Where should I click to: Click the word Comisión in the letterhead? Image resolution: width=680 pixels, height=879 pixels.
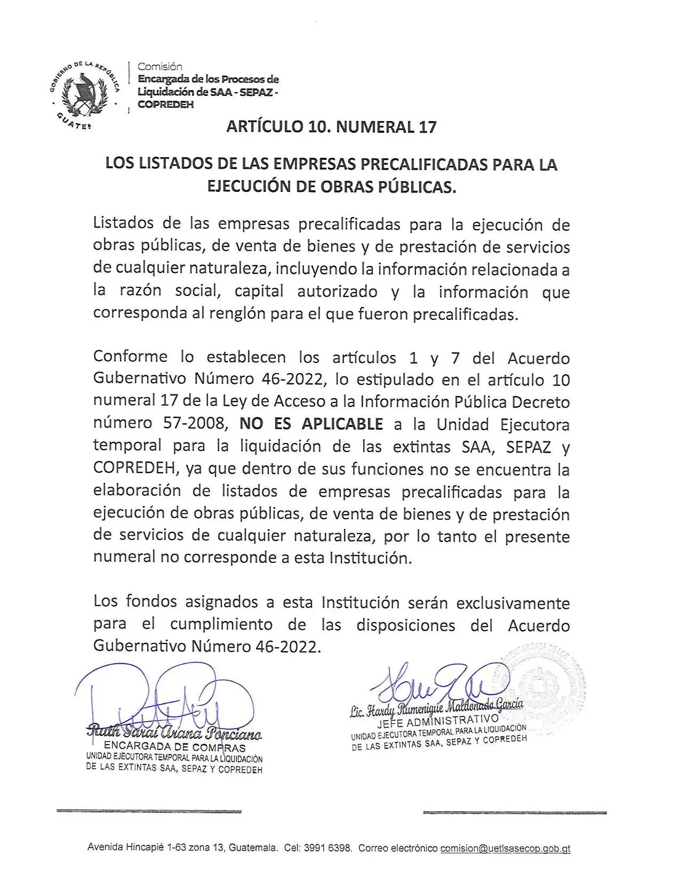point(160,67)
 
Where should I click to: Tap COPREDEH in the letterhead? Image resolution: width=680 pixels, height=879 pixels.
point(165,104)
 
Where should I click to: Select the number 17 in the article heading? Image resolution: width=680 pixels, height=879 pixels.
point(428,127)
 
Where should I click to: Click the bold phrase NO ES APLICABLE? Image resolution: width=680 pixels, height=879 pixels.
point(311,424)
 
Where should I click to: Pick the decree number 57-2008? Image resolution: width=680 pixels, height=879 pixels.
point(196,424)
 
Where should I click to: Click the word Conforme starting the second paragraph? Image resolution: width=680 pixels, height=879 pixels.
point(130,357)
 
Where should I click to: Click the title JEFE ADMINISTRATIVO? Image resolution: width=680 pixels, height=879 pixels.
point(437,722)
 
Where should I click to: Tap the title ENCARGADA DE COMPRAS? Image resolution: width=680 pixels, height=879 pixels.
point(174,747)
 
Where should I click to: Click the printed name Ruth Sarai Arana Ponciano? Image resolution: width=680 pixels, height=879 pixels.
point(174,734)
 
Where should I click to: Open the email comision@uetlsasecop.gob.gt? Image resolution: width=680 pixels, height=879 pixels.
point(505,848)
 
